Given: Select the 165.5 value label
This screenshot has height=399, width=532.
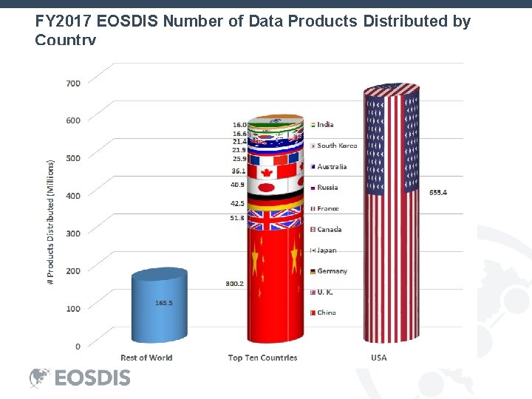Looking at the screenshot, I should point(164,303).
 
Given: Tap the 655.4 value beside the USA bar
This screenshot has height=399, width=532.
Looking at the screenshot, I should point(438,192).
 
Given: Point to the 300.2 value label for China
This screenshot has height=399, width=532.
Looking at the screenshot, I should point(234,284).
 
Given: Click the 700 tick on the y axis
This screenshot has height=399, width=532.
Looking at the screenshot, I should point(73,83).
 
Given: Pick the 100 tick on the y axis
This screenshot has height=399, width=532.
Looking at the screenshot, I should point(73,308).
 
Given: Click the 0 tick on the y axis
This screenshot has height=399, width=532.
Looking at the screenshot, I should point(77,346).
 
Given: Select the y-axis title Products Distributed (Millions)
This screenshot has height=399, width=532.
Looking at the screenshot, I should point(51,222).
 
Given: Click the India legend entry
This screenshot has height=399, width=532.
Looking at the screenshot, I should point(324,125).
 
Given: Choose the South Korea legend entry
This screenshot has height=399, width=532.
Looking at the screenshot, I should point(336,146).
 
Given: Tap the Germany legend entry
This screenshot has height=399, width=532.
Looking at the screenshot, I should point(332,271).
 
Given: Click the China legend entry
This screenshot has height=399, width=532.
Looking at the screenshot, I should point(326,313).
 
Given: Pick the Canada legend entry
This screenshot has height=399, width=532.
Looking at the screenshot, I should point(329,229).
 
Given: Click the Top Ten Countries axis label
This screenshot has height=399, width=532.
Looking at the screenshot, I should point(262,358).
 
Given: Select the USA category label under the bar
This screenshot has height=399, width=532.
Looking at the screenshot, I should point(378,358).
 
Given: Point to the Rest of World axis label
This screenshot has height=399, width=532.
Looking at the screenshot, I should point(146,358).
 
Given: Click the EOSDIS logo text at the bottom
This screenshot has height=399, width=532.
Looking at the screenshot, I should point(92,378).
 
